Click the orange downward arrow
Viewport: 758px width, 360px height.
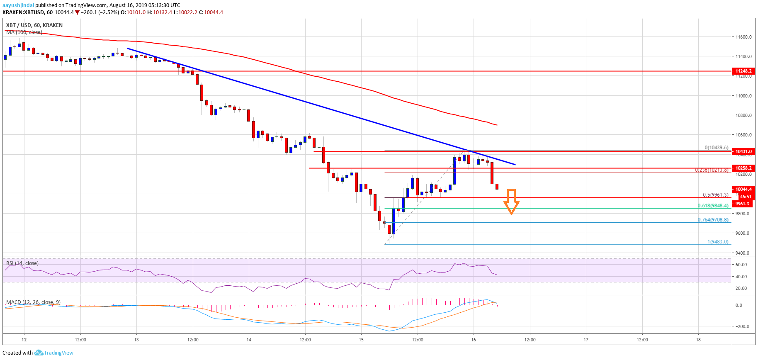pyautogui.click(x=511, y=202)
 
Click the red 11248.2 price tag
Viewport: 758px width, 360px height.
pyautogui.click(x=743, y=71)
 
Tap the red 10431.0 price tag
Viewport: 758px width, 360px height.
pyautogui.click(x=743, y=151)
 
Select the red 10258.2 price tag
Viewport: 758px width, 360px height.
pyautogui.click(x=743, y=168)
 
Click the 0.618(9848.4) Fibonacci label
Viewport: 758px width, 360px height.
pyautogui.click(x=713, y=206)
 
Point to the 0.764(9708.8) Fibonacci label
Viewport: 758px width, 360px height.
pyautogui.click(x=713, y=220)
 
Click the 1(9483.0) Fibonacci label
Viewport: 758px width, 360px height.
pyautogui.click(x=718, y=242)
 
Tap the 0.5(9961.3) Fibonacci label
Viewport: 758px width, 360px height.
pyautogui.click(x=715, y=195)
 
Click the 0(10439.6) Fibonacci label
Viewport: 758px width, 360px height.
pyautogui.click(x=716, y=148)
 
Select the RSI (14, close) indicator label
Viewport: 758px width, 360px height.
pyautogui.click(x=22, y=263)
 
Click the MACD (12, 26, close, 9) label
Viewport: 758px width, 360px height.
pyautogui.click(x=33, y=302)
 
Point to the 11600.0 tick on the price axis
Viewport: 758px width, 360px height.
pyautogui.click(x=743, y=37)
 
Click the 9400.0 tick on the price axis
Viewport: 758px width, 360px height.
pyautogui.click(x=743, y=253)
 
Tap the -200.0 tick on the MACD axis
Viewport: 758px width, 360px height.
pyautogui.click(x=742, y=326)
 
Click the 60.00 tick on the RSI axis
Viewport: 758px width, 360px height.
pyautogui.click(x=741, y=265)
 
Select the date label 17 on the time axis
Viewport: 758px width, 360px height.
pyautogui.click(x=586, y=340)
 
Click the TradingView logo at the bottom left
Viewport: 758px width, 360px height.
pyautogui.click(x=54, y=353)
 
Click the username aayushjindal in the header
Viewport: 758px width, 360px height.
pyautogui.click(x=18, y=5)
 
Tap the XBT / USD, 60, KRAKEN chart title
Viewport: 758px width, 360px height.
pyautogui.click(x=34, y=25)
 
